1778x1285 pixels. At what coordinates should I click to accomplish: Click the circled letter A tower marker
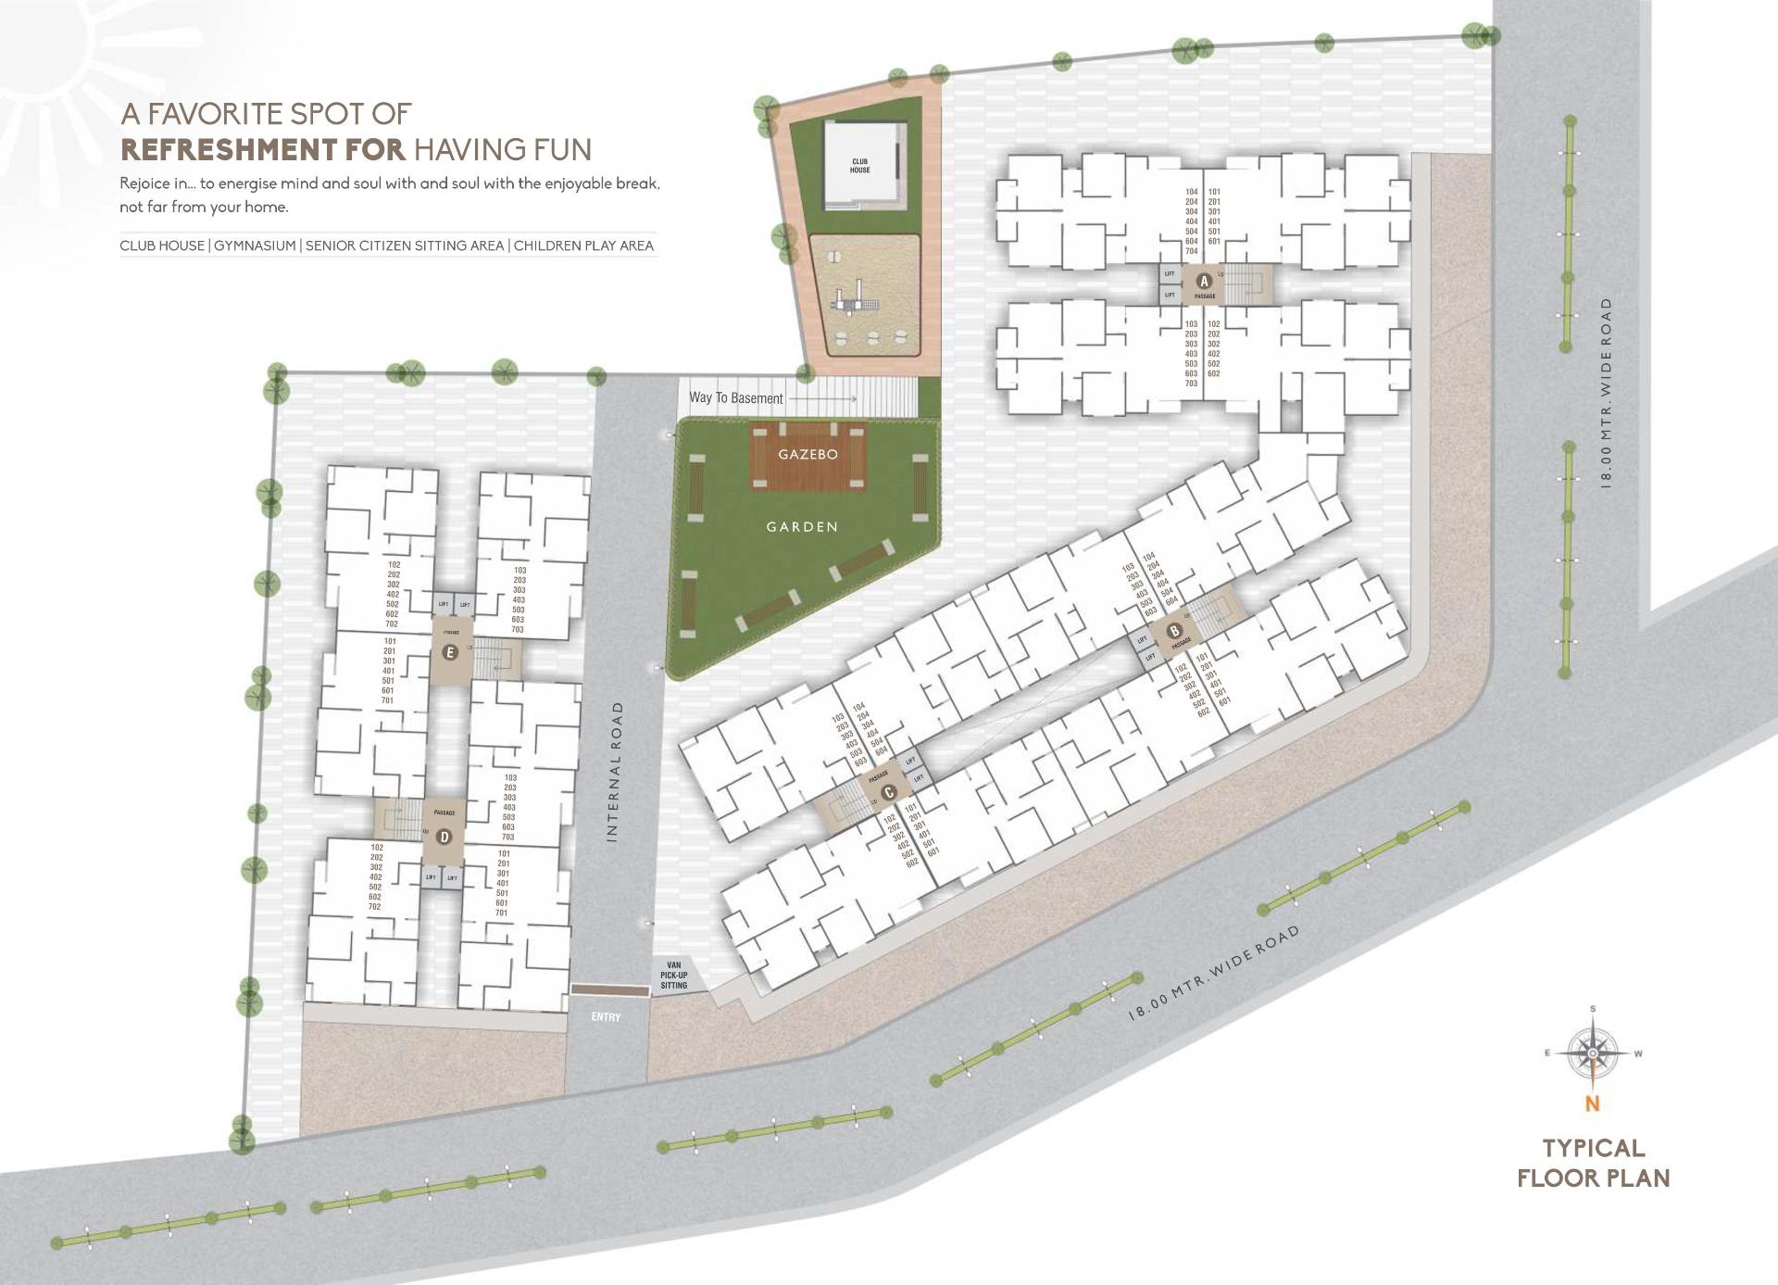[x=1204, y=281]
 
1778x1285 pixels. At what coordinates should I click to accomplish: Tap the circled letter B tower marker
[x=1175, y=632]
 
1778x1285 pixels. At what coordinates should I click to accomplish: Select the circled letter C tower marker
[x=889, y=792]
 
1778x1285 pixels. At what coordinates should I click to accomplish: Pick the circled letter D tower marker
[x=444, y=837]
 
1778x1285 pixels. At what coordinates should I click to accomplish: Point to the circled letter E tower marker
[x=450, y=652]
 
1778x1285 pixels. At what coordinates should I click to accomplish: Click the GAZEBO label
[x=808, y=455]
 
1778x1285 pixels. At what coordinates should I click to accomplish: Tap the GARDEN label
[x=802, y=527]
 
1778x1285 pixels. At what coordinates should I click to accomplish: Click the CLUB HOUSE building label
[x=859, y=166]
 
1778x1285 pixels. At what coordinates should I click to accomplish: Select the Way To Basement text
[x=735, y=398]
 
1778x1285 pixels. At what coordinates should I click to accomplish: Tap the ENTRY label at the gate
[x=606, y=1017]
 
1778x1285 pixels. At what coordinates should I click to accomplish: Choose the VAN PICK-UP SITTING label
[x=673, y=976]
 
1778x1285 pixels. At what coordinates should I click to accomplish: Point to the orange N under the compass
[x=1592, y=1103]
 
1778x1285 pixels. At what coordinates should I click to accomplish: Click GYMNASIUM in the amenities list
[x=255, y=246]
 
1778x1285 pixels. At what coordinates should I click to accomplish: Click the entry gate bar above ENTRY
[x=609, y=990]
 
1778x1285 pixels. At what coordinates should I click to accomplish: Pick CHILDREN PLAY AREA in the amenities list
[x=583, y=246]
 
